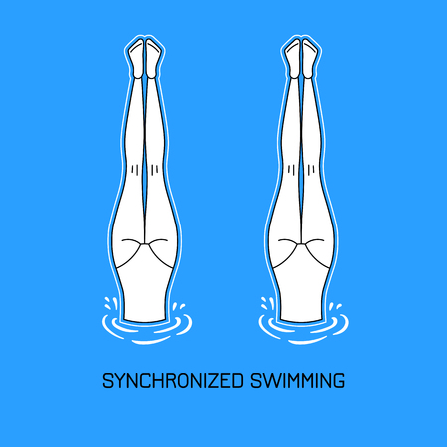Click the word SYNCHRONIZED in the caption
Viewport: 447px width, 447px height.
173,381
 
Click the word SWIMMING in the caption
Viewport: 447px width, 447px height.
297,381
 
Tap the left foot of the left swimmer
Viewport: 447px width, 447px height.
137,59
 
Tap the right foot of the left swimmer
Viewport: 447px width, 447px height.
153,59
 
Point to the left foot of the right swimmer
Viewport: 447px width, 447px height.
293,59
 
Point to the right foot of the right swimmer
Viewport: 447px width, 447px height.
310,59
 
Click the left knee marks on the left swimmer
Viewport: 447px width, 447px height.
135,170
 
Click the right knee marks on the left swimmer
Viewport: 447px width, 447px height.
154,170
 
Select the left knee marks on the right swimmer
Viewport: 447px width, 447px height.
291,170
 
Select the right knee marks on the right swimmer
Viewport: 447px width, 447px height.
311,170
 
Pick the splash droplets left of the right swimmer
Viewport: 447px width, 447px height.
267,303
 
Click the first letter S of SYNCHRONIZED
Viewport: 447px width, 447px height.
107,381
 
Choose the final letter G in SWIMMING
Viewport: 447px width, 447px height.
339,381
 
